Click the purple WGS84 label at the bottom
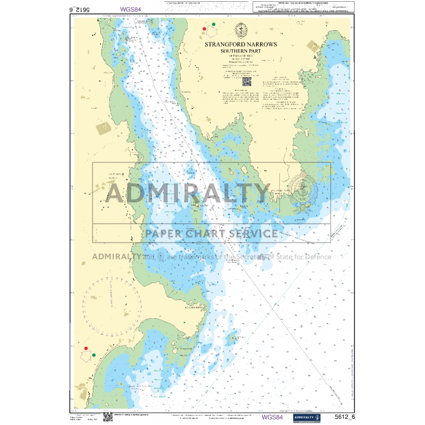272,417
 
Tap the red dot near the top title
204,29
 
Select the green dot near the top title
213,24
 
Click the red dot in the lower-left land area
86,349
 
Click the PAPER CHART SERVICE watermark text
211,233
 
